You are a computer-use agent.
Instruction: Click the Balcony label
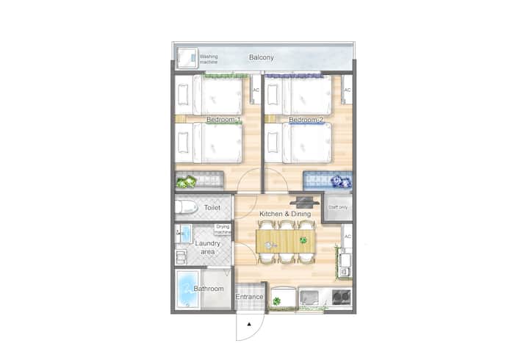click(x=261, y=57)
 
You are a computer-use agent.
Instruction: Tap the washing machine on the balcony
click(x=187, y=58)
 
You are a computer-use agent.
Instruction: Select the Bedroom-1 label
click(x=223, y=120)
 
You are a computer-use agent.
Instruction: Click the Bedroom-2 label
click(x=306, y=120)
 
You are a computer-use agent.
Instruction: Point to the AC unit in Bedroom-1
click(x=256, y=90)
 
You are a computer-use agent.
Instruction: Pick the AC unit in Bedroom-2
click(x=347, y=90)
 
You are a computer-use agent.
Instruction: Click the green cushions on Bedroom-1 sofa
click(x=186, y=182)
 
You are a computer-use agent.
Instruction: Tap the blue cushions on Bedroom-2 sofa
click(x=342, y=182)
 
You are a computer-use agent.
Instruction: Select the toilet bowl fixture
click(x=186, y=207)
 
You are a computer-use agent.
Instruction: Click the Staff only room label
click(x=338, y=207)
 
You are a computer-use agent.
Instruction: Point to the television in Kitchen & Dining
click(x=304, y=202)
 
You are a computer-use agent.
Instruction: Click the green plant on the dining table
click(x=303, y=240)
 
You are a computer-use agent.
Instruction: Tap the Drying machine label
click(x=223, y=229)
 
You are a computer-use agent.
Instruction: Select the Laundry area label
click(x=207, y=248)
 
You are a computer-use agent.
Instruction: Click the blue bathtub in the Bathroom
click(x=187, y=289)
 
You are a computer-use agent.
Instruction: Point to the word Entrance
click(x=249, y=297)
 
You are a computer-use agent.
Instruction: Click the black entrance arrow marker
click(x=249, y=324)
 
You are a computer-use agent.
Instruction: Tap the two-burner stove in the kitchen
click(x=341, y=298)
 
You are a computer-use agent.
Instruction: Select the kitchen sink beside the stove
click(x=309, y=298)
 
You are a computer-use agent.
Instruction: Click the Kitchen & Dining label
click(x=285, y=214)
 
